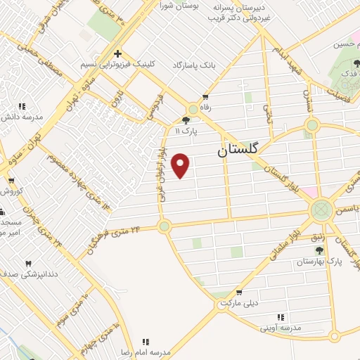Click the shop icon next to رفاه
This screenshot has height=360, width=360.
tap(205, 97)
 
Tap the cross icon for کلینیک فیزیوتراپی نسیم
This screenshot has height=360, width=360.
tap(117, 53)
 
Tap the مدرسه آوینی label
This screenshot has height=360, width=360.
tap(279, 328)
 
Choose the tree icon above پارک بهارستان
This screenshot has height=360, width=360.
tap(319, 250)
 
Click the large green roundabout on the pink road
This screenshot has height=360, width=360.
tap(322, 210)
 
